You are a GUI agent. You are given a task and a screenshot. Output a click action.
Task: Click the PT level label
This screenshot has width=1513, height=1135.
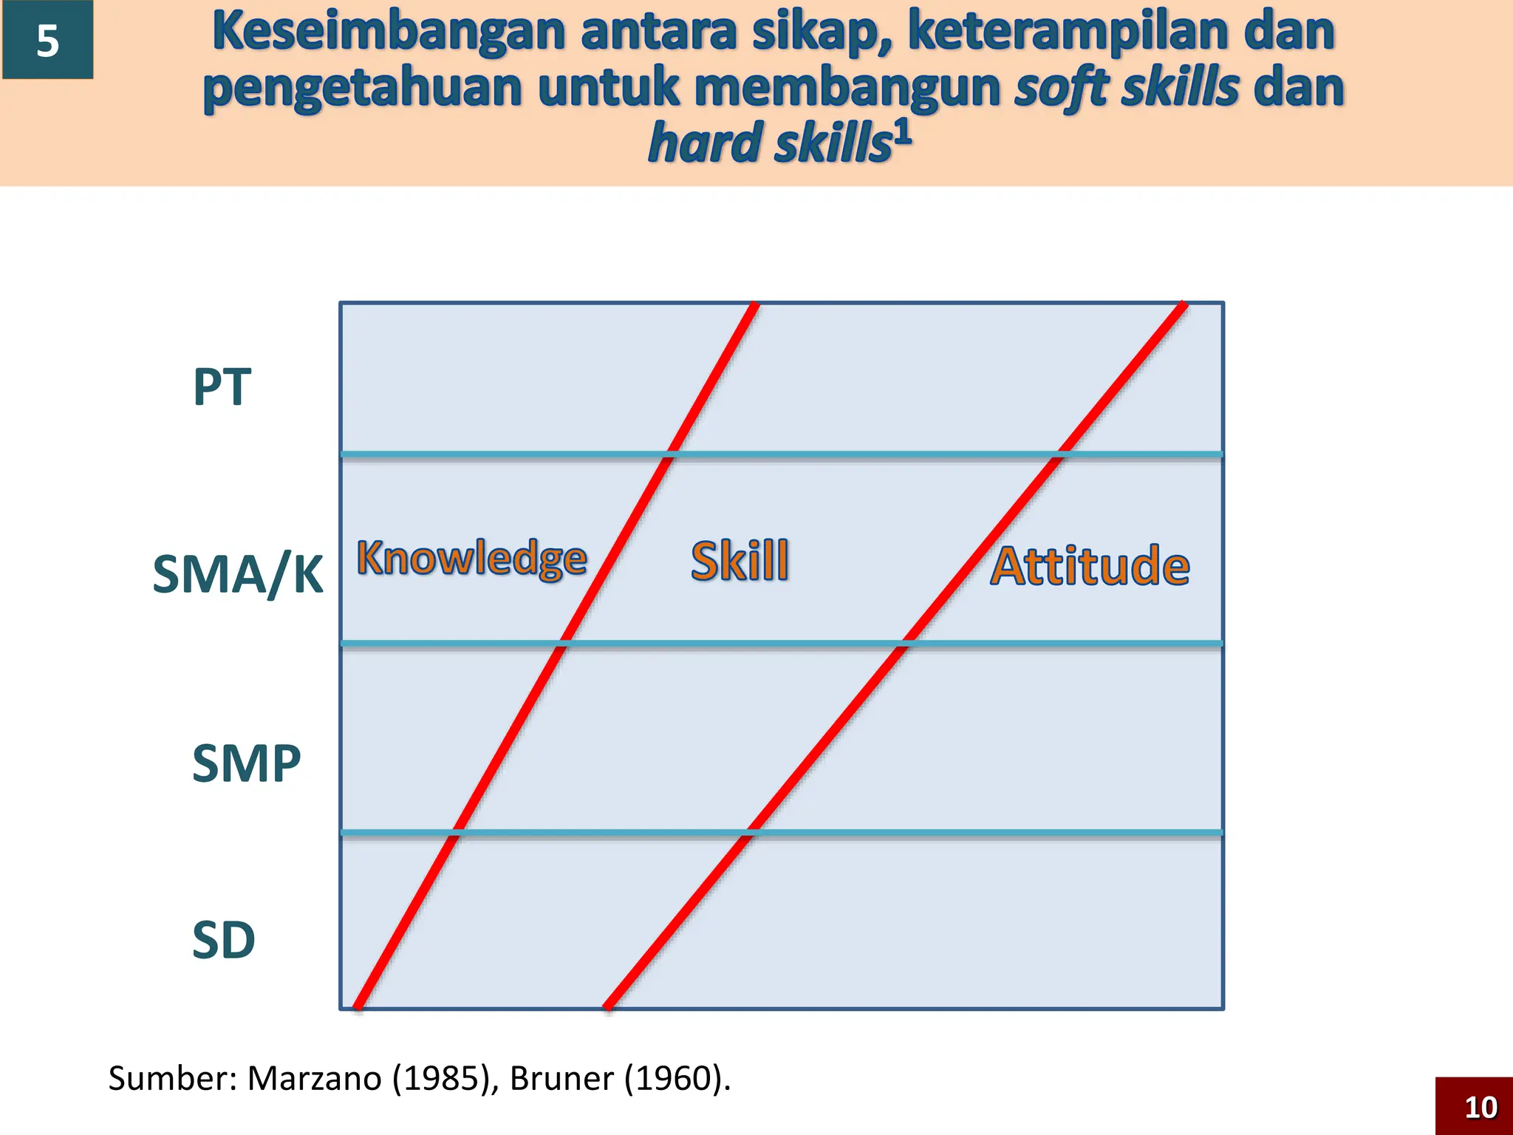[222, 387]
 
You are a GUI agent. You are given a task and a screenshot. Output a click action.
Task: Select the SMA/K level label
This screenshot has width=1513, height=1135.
[237, 574]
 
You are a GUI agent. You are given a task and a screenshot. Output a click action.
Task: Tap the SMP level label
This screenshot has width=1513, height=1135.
[246, 763]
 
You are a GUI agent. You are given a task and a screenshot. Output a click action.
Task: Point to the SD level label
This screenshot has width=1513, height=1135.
[223, 941]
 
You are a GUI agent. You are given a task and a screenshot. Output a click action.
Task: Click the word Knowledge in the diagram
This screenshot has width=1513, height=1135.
[472, 559]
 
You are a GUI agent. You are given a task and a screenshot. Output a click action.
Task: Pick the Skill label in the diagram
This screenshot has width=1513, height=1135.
[740, 562]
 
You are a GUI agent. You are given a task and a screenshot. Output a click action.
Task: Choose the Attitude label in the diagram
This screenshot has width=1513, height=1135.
[1090, 567]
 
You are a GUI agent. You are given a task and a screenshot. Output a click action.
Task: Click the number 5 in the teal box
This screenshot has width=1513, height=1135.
[48, 41]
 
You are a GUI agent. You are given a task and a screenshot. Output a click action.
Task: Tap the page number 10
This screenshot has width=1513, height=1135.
[1480, 1107]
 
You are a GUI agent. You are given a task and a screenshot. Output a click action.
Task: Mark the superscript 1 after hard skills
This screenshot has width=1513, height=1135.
[903, 134]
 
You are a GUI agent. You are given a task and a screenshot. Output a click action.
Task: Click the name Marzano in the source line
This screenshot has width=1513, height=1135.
[314, 1079]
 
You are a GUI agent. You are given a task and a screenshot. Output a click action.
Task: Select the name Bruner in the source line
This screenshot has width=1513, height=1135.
[561, 1079]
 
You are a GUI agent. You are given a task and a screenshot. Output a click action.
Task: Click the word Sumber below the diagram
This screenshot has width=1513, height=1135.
[169, 1079]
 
